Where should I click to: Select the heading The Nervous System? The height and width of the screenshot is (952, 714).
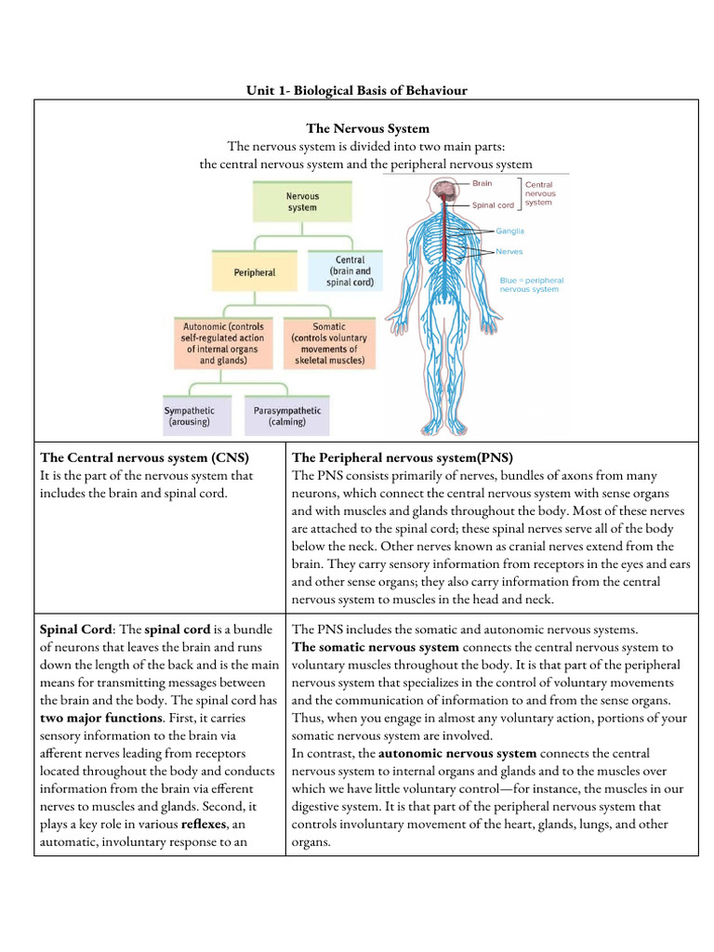point(368,128)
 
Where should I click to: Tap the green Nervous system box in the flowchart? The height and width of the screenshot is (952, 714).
point(302,202)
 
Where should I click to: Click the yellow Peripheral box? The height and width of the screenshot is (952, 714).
point(254,272)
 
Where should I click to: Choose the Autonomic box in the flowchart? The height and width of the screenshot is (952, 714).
point(219,342)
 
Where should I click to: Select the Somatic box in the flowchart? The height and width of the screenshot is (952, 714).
point(329,342)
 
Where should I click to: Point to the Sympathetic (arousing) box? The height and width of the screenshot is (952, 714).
point(190,416)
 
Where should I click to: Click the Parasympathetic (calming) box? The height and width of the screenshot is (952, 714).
point(287,416)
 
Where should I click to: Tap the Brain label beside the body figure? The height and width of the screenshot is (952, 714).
point(483,184)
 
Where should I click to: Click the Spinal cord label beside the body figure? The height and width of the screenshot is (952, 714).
point(493,205)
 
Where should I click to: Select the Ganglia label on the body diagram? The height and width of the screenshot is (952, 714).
point(509,231)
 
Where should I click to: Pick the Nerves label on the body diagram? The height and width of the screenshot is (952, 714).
point(509,252)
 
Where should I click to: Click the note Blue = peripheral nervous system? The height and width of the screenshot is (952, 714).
point(531,284)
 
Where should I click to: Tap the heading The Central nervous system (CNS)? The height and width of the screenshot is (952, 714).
point(143,457)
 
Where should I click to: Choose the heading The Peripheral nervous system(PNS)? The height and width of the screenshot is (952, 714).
point(403,457)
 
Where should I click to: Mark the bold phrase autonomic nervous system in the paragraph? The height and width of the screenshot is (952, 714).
point(457,753)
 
